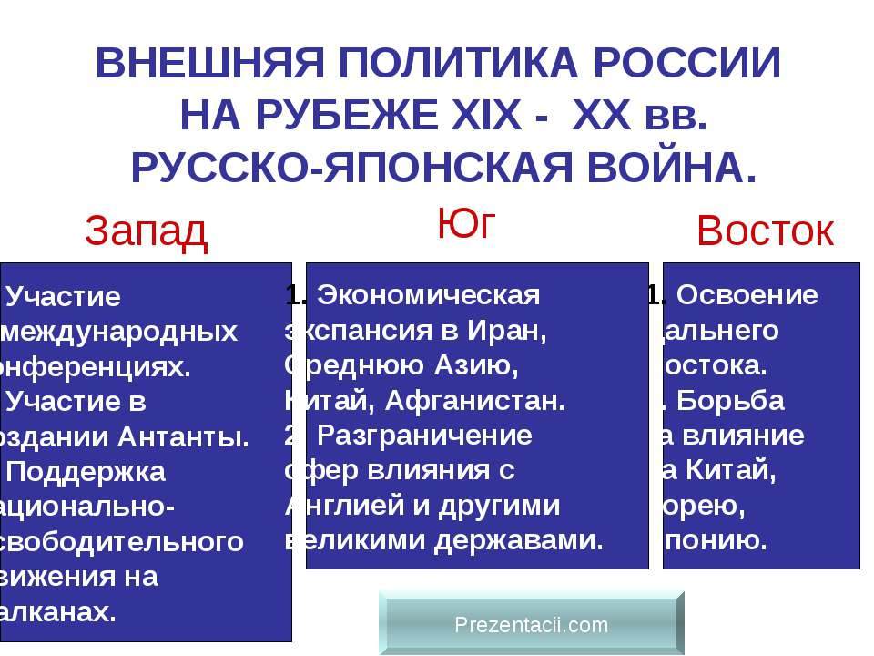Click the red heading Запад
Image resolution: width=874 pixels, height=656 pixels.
pos(147,233)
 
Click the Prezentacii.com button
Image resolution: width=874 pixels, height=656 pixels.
pos(531,624)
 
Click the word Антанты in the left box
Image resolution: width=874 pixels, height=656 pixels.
pos(190,436)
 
